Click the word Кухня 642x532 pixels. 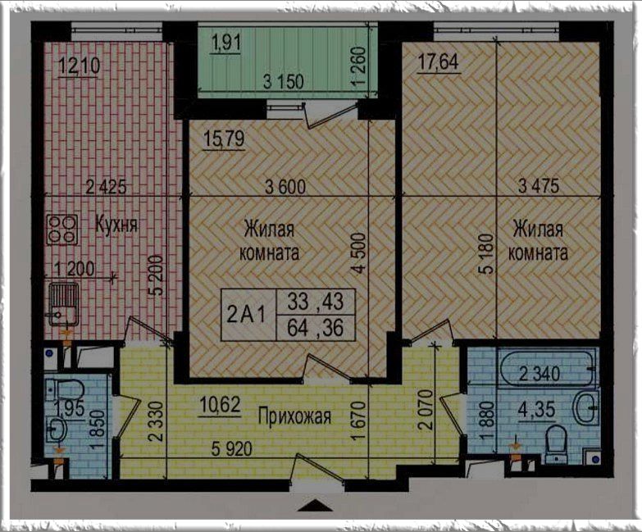(x=116, y=225)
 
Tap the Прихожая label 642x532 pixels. (x=294, y=416)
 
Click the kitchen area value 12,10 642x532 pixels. (x=79, y=66)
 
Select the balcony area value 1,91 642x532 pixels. (x=226, y=43)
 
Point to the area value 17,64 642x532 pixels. (x=438, y=62)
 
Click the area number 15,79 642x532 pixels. (x=224, y=139)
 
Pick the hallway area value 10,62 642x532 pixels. (x=220, y=406)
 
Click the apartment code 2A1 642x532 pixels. (x=247, y=315)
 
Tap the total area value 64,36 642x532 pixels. (x=316, y=328)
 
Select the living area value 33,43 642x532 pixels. (x=316, y=302)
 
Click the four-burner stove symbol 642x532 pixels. (x=61, y=230)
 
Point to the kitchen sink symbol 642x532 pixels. (x=63, y=304)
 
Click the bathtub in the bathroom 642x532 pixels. (x=546, y=367)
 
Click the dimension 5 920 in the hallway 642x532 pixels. (x=232, y=450)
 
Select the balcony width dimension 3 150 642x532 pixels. (x=284, y=82)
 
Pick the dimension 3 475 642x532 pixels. (x=539, y=187)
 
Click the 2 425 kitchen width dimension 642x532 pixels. (x=106, y=187)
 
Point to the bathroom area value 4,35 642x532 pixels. (x=536, y=410)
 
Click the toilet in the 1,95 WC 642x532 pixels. (x=63, y=389)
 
